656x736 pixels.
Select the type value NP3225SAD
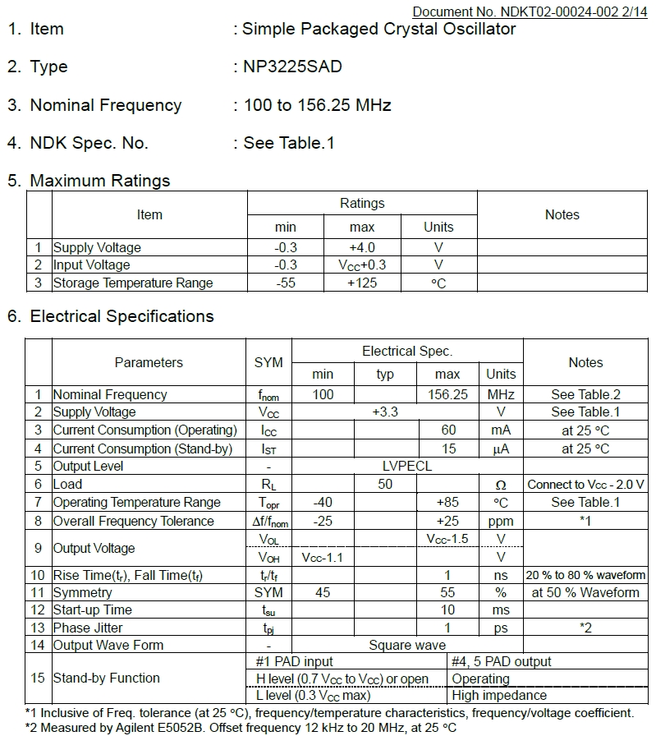292,67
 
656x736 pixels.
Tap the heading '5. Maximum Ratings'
89,181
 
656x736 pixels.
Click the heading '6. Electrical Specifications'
110,316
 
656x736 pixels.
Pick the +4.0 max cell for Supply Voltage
361,247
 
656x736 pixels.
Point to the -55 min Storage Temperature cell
286,283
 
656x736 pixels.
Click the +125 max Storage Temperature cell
361,283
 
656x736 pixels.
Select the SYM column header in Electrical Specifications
268,362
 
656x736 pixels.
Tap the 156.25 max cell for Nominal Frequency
447,394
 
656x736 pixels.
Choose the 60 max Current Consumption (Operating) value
447,430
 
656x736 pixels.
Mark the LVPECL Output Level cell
407,466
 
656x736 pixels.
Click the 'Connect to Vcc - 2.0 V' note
585,485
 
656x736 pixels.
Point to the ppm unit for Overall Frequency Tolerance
501,521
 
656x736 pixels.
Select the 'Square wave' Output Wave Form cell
407,645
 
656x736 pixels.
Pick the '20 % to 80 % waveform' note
585,575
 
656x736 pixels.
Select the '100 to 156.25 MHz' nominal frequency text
317,105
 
